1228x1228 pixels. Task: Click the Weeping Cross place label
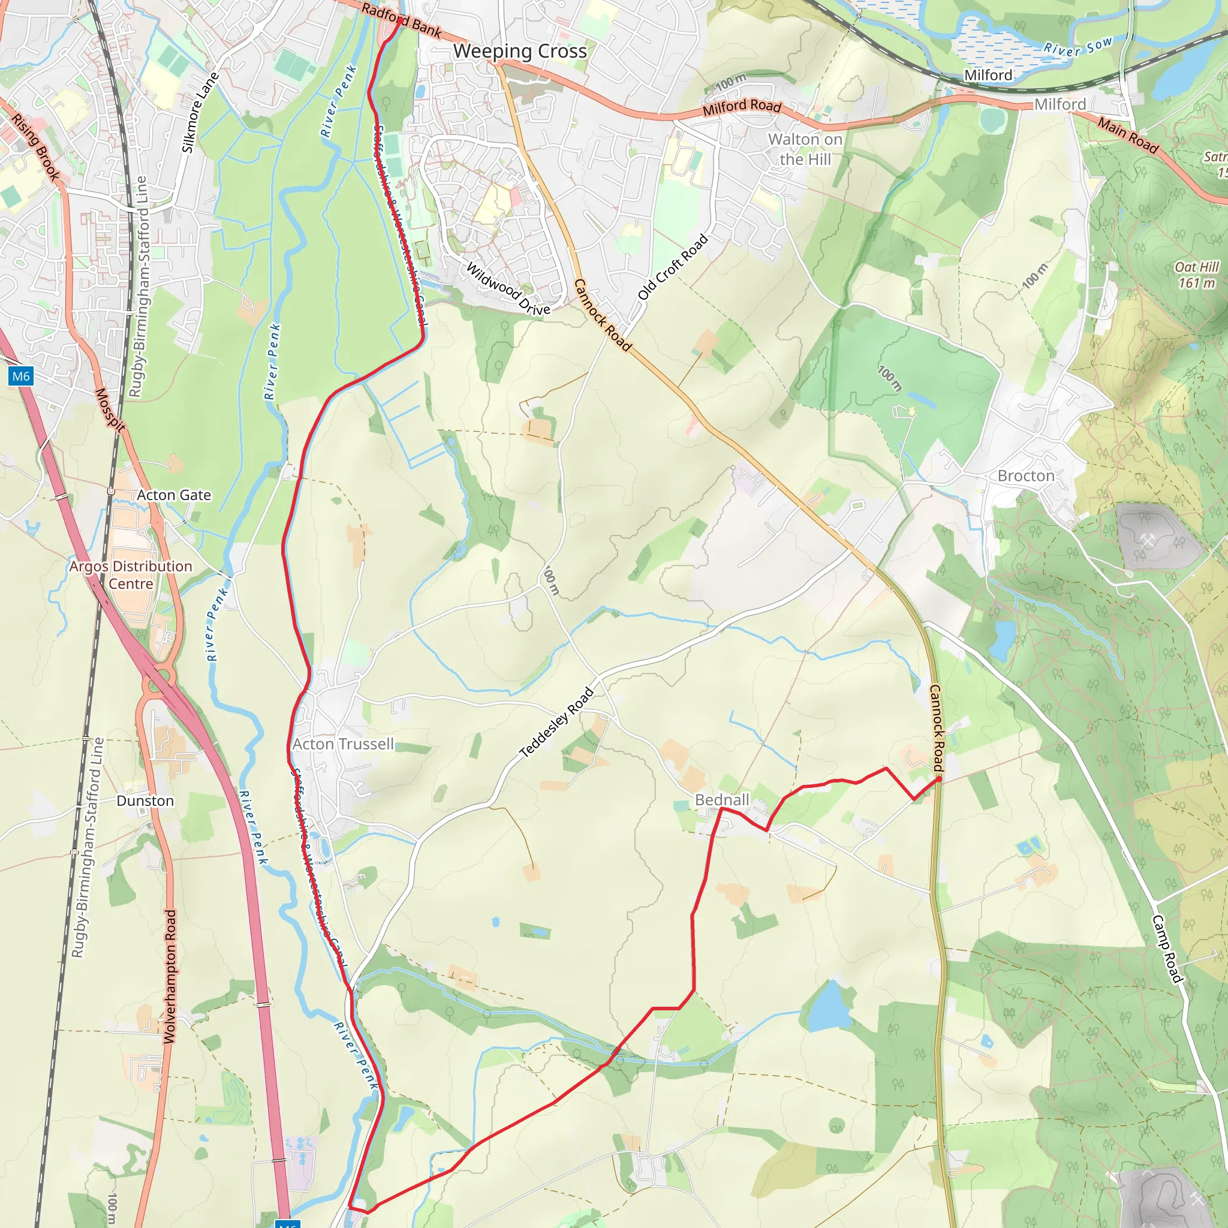point(520,52)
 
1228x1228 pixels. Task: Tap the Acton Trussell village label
point(343,744)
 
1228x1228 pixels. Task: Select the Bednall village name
point(722,800)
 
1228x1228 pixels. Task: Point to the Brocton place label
point(1026,475)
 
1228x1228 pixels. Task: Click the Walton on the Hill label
point(805,149)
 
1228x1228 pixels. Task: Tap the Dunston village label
point(145,801)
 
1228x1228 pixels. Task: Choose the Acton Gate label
point(174,495)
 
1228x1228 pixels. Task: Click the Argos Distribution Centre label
point(131,574)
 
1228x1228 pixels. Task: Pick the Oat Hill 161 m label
point(1197,275)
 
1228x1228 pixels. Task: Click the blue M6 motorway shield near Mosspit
point(21,377)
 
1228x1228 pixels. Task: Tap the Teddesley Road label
point(557,723)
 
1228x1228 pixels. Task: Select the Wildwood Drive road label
point(508,289)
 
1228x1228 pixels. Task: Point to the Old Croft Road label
point(673,267)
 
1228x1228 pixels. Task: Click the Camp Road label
point(1167,949)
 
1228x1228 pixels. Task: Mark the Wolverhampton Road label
point(170,976)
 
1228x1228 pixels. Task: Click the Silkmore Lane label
point(200,113)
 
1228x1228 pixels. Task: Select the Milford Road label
point(742,107)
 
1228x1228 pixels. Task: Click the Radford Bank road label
point(401,19)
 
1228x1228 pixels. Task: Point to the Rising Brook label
point(35,147)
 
